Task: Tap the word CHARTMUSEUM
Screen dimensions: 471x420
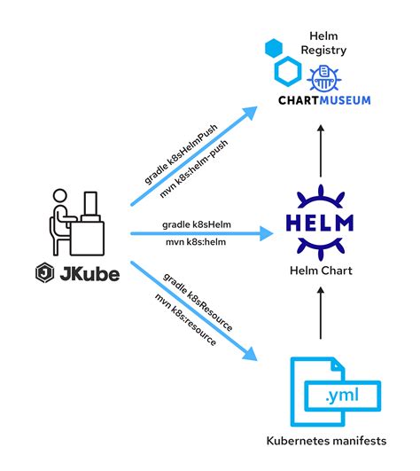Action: click(x=318, y=100)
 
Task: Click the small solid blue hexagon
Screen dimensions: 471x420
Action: click(x=275, y=48)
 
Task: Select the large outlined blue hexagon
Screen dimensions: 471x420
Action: click(x=291, y=75)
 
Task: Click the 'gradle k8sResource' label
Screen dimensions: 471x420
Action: click(x=199, y=301)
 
